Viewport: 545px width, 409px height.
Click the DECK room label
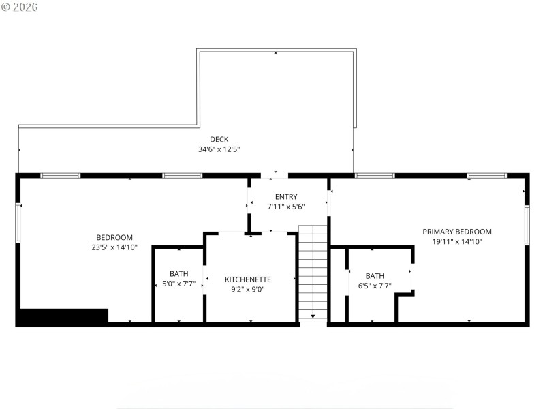point(219,140)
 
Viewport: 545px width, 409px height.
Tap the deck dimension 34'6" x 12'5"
point(219,149)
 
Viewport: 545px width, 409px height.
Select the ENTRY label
point(286,197)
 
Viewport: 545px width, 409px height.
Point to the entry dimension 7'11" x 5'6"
point(286,207)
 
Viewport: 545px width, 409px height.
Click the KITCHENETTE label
point(248,279)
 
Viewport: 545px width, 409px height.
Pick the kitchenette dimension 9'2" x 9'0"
point(248,289)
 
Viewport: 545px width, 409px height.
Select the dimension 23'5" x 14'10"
point(115,247)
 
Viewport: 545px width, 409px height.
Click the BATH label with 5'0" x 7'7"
point(179,274)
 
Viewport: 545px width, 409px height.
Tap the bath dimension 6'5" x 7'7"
point(375,286)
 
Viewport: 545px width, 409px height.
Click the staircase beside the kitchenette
point(313,273)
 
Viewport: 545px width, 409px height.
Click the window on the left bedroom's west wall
point(18,223)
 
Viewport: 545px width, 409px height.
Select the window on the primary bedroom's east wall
point(527,225)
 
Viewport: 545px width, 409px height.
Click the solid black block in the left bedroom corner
point(63,316)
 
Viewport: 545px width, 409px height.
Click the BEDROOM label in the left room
point(115,238)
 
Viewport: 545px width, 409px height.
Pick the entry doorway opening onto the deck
point(275,175)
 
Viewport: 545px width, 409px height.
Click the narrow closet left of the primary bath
point(338,285)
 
